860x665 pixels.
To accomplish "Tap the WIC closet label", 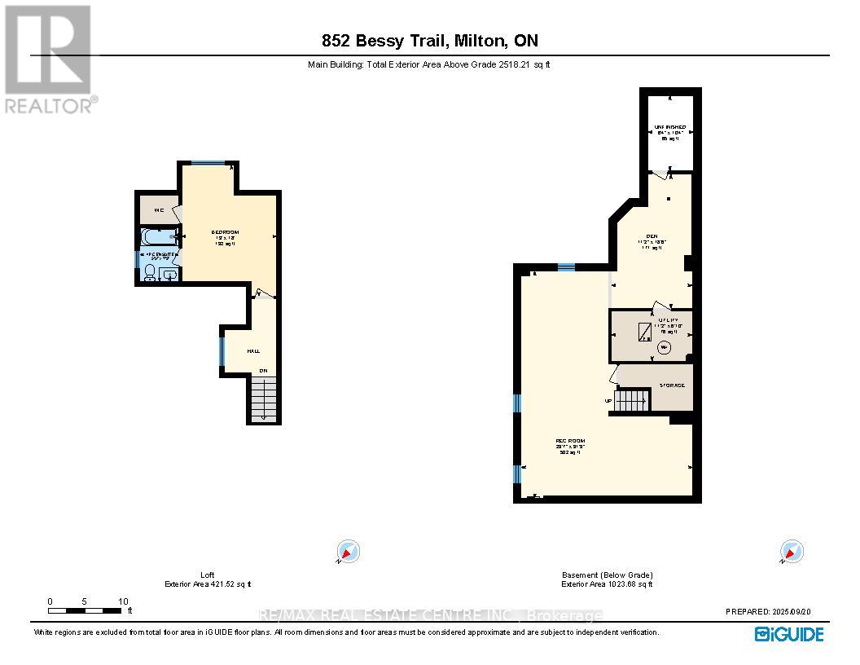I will pos(160,211).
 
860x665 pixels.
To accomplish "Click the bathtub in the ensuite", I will pos(159,237).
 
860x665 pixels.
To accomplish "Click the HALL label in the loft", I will pos(253,350).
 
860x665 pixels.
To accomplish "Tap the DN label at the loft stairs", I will pos(263,371).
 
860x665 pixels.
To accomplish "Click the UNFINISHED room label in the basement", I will pos(670,127).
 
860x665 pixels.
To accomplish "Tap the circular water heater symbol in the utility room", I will pos(664,347).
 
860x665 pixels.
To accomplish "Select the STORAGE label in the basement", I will pos(672,385).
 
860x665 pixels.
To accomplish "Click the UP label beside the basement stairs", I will pos(608,401).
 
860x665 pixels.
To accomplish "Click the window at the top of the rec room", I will pos(567,266).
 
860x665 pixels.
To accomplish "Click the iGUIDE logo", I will pos(789,633).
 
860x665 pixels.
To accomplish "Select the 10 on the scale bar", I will pos(122,601).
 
